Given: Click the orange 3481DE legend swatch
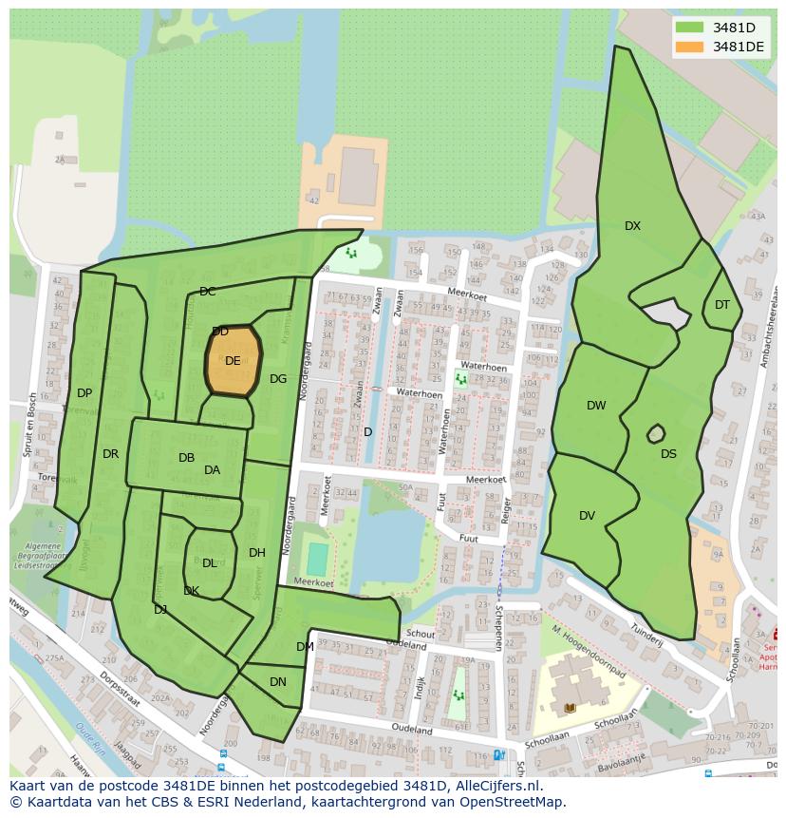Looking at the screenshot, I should pos(690,48).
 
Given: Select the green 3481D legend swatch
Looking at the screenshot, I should pos(690,28).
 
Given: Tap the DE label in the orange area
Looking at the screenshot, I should pos(233,361).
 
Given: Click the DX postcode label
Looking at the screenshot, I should pos(632,226).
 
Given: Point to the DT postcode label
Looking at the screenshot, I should pos(722,305).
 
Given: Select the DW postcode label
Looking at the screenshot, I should pos(596,406).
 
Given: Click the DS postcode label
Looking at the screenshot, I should pos(669,454).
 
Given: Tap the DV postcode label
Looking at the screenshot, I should pos(587,516).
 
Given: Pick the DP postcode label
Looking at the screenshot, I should pos(84,393).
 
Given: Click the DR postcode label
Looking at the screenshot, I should pos(110,454).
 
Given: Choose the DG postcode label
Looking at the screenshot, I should pos(278,379).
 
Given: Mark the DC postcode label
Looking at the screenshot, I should pos(207,292).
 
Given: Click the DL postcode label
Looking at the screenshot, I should pos(210,563).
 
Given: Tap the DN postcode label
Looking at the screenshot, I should pos(278,682).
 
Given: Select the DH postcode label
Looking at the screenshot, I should pos(257,553).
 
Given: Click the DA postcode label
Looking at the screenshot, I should pos(212,470).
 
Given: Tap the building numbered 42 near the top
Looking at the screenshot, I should pos(313,200).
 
